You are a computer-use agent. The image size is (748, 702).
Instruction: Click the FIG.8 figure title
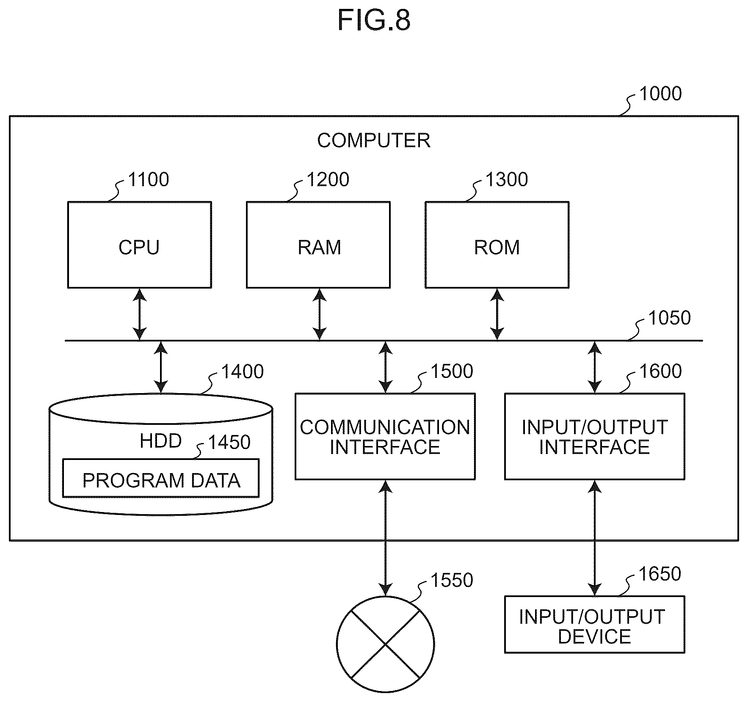click(x=374, y=20)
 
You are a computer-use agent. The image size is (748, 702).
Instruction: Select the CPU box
click(x=140, y=245)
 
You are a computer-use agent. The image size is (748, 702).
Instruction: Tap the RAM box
click(x=318, y=245)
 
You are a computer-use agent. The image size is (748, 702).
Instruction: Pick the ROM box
click(x=497, y=245)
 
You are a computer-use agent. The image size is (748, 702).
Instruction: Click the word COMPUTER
click(x=374, y=140)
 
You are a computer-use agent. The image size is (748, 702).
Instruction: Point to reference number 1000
click(x=660, y=94)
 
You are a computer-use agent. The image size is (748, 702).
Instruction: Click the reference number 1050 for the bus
click(x=669, y=318)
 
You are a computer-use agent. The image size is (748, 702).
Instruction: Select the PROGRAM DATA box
click(x=161, y=478)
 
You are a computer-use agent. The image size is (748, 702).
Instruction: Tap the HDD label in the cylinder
click(x=161, y=441)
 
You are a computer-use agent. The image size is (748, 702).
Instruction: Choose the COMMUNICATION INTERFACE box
click(x=385, y=437)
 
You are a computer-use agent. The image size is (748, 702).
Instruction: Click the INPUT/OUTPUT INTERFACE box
click(x=595, y=437)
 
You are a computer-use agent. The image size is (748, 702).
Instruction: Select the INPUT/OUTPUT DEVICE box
click(x=595, y=625)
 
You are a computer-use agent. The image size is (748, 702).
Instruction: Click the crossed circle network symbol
click(x=385, y=644)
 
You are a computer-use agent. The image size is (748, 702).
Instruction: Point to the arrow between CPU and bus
click(x=140, y=314)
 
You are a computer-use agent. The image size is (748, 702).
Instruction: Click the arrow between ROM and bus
click(x=497, y=314)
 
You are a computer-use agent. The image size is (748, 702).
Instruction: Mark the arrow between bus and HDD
click(x=161, y=367)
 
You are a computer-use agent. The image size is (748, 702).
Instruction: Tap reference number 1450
click(x=229, y=442)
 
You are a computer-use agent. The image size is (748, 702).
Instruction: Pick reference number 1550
click(x=452, y=580)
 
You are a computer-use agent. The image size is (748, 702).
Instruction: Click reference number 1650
click(x=660, y=574)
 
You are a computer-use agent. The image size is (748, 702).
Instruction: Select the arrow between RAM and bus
click(x=320, y=314)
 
